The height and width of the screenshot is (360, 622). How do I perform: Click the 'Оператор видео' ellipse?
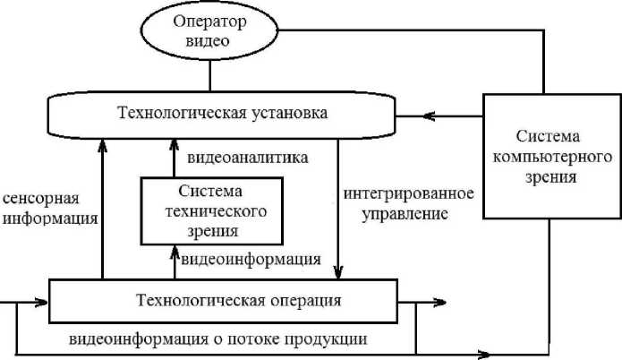coord(209,30)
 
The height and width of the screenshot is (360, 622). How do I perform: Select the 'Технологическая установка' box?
coord(221,116)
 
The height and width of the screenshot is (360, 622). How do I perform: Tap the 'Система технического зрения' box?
coord(212,211)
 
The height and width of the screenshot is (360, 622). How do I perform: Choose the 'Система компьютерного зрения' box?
coord(552,156)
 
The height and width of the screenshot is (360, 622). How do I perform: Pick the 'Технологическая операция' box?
coord(223,301)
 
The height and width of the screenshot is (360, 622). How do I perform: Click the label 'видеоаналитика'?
coord(248,158)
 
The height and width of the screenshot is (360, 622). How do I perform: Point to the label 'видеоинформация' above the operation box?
coord(251,260)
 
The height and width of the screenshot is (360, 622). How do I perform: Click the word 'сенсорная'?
coord(41,199)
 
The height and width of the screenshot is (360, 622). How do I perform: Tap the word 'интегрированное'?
coord(409,193)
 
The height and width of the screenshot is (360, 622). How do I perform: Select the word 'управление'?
coord(405,214)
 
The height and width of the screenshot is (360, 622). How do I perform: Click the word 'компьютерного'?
coord(552,158)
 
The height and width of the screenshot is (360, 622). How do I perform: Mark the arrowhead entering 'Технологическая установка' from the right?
coord(429,116)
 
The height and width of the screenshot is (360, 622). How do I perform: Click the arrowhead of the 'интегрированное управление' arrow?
coord(338,272)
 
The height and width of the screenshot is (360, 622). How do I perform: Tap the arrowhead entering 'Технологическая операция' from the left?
coord(41,303)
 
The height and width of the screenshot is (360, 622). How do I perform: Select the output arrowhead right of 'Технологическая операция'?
coord(439,303)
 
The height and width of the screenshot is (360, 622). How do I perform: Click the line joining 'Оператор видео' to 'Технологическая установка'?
coord(209,76)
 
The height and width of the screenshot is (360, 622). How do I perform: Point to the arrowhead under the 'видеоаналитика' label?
coord(174,145)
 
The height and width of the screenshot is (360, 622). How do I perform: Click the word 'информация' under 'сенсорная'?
coord(50,219)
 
